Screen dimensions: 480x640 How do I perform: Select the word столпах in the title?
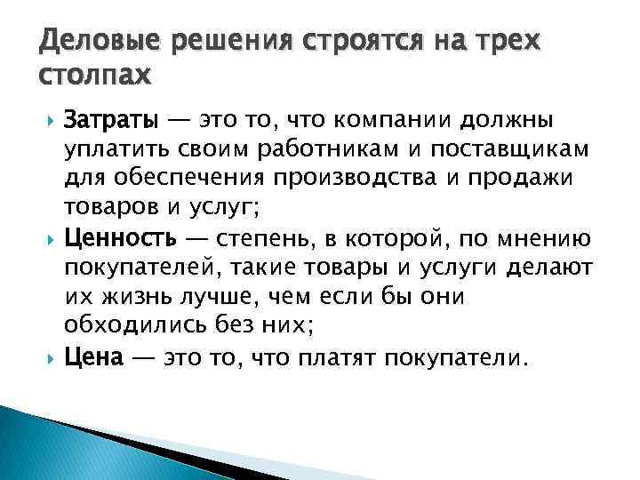click(x=96, y=74)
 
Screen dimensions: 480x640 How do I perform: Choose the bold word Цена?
click(x=93, y=359)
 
